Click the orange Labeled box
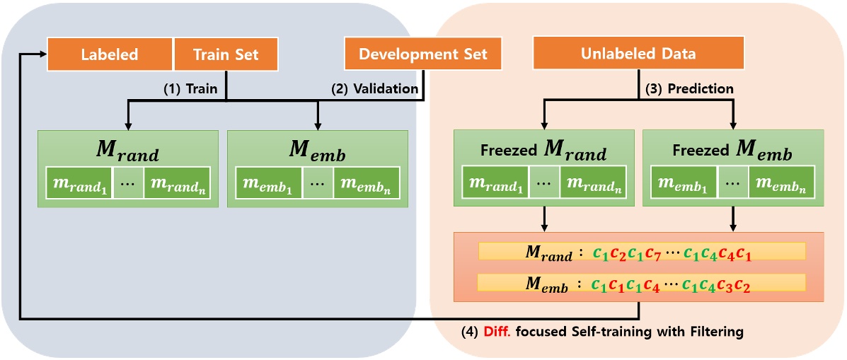tap(110, 54)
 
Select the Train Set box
tap(226, 54)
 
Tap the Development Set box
tap(423, 54)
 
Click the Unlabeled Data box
tap(638, 54)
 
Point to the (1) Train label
tap(190, 89)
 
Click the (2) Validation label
tap(375, 89)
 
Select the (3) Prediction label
tap(691, 89)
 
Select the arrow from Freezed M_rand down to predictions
tap(543, 220)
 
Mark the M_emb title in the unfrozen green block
tap(317, 151)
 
